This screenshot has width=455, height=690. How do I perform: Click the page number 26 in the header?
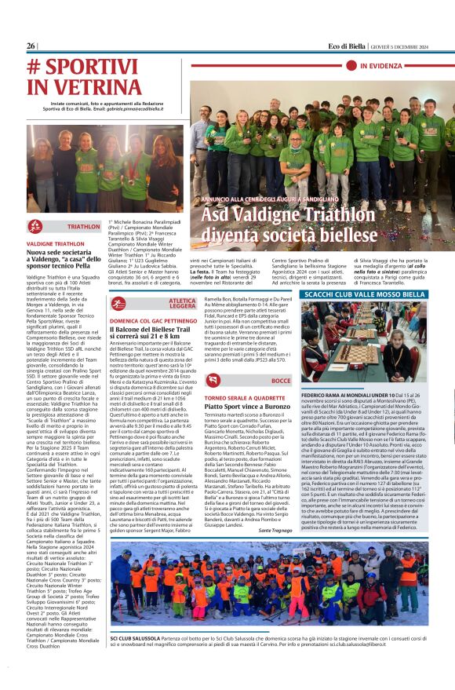(31, 46)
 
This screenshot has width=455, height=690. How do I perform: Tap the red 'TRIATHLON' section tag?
(83, 226)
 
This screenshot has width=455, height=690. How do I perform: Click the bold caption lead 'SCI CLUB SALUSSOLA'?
(134, 640)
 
